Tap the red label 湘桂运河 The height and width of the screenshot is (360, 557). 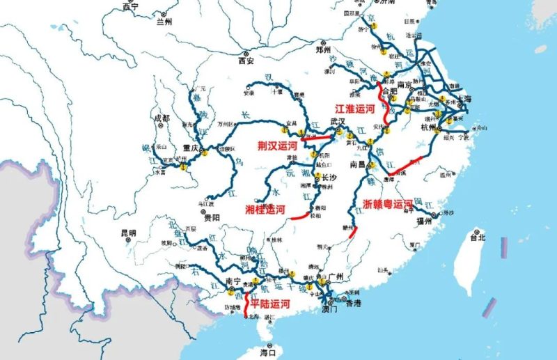265,210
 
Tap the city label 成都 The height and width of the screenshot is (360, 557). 161,118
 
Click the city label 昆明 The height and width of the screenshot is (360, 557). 128,233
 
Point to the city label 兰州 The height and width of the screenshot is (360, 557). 164,22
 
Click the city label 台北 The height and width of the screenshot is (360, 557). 478,237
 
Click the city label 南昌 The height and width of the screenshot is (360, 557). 358,165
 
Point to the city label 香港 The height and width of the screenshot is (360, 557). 353,304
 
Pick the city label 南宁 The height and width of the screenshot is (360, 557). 233,282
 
